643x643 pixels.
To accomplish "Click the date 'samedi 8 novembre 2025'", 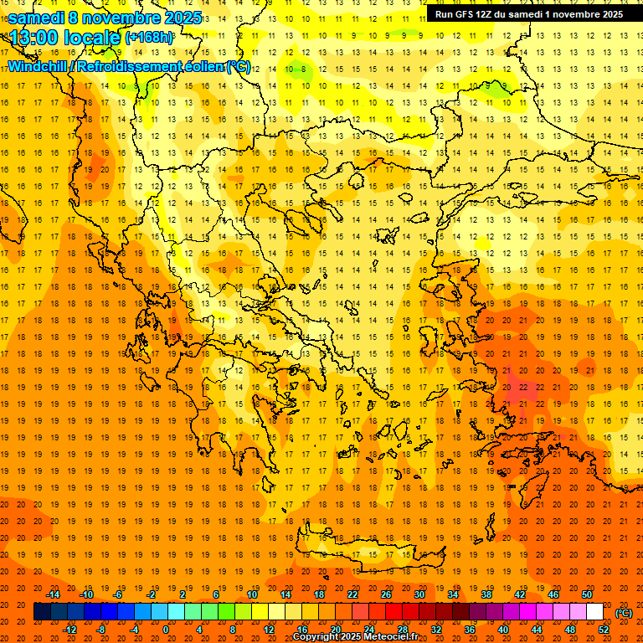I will click(x=105, y=18).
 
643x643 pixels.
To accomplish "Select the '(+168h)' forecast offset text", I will click(x=149, y=38).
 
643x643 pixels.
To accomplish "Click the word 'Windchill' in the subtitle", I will click(x=39, y=66).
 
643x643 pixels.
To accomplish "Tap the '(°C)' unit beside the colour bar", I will click(x=624, y=613).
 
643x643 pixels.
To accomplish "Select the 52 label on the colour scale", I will click(x=604, y=630).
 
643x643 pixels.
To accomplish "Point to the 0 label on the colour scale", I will click(x=166, y=630).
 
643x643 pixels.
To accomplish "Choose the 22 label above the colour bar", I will click(x=352, y=594).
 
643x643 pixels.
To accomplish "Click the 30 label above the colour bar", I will click(x=419, y=594).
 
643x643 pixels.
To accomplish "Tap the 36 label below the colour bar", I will click(x=470, y=630).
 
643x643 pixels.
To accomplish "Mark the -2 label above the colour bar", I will click(x=151, y=594).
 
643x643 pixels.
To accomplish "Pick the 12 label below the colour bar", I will click(x=269, y=630).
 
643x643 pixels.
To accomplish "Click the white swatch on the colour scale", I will click(x=595, y=612).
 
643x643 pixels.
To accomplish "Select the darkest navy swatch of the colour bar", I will click(x=42, y=612).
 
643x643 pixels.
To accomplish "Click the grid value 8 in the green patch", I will click(x=503, y=85).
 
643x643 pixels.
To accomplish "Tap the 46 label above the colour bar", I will click(x=553, y=594).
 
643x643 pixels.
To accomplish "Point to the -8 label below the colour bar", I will click(x=100, y=630).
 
